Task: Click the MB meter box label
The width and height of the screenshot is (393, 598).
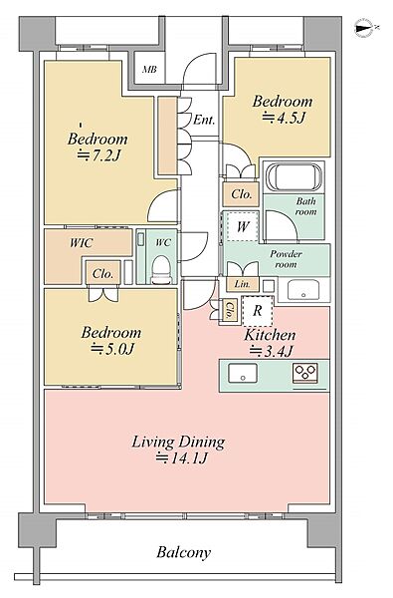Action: pyautogui.click(x=149, y=70)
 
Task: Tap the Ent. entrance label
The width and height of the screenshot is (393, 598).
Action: pyautogui.click(x=204, y=121)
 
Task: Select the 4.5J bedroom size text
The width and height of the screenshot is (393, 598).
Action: pyautogui.click(x=285, y=118)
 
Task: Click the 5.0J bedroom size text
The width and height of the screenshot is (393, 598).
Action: pyautogui.click(x=112, y=349)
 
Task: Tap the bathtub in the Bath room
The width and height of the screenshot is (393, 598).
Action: pyautogui.click(x=294, y=177)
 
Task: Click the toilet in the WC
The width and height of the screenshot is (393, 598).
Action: pyautogui.click(x=161, y=269)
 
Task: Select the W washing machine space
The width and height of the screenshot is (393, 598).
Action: pyautogui.click(x=242, y=226)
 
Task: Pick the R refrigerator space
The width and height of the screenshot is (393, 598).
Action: pyautogui.click(x=258, y=311)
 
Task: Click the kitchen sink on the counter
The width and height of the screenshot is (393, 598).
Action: pyautogui.click(x=243, y=373)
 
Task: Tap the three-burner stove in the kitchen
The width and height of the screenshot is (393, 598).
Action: pyautogui.click(x=304, y=373)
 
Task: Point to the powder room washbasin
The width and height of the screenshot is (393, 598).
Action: pyautogui.click(x=303, y=290)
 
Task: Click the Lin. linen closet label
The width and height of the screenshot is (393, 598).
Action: pyautogui.click(x=242, y=284)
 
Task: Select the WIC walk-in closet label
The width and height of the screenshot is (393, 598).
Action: pyautogui.click(x=82, y=243)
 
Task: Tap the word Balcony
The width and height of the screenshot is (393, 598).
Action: pyautogui.click(x=183, y=552)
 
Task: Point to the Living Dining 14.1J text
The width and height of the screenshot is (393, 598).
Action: pyautogui.click(x=179, y=450)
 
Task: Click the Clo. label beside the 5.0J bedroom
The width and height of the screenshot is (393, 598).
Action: pyautogui.click(x=102, y=273)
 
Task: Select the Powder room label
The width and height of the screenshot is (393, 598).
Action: pyautogui.click(x=286, y=259)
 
